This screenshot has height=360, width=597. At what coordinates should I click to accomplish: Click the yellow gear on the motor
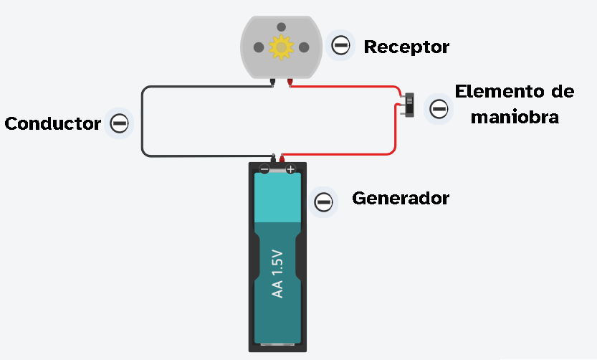click(x=281, y=47)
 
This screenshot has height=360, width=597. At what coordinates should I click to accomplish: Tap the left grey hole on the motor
click(x=258, y=47)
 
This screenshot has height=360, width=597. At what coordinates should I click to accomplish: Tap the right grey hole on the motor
click(x=304, y=47)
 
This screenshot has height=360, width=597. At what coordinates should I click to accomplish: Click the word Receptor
click(x=406, y=47)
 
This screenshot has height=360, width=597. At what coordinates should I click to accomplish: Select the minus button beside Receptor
click(x=340, y=47)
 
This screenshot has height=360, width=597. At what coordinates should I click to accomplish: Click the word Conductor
click(x=52, y=123)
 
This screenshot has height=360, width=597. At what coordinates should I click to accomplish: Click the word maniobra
click(x=514, y=117)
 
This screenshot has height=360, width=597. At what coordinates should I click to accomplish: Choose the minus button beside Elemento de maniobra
click(x=439, y=109)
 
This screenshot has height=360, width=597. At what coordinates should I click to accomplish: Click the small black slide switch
click(x=409, y=105)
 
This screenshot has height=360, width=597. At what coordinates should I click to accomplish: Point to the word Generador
click(x=400, y=199)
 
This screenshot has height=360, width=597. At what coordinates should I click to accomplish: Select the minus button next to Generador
click(x=324, y=202)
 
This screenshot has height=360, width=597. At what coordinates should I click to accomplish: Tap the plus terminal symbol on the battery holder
click(x=290, y=170)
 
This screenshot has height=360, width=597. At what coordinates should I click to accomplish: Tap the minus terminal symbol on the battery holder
click(x=264, y=170)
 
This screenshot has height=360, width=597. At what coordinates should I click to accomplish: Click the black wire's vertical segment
click(x=143, y=122)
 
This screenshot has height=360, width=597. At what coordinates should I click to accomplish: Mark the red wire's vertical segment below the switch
click(x=395, y=133)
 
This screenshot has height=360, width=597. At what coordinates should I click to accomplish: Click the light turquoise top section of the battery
click(x=278, y=198)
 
